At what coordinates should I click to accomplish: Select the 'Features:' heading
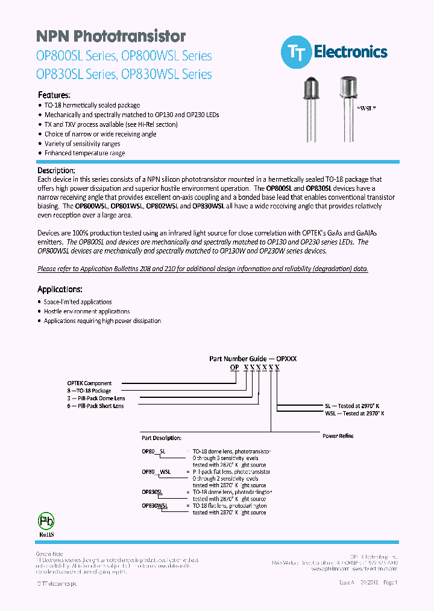(54, 95)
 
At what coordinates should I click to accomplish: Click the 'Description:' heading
(56, 170)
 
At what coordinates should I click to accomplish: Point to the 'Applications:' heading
(60, 289)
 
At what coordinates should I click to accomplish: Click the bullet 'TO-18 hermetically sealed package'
(92, 105)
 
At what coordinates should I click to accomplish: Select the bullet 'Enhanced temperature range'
(84, 153)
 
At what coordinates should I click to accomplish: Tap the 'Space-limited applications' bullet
(78, 302)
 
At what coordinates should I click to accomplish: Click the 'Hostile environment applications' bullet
(87, 312)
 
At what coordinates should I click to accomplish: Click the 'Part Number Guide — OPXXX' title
(253, 359)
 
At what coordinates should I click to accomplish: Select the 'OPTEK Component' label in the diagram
(89, 383)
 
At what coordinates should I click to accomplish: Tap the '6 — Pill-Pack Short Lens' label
(95, 406)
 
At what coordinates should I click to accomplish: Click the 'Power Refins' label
(338, 436)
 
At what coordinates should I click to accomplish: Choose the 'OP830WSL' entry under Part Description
(155, 505)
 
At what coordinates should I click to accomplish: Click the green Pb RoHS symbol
(47, 522)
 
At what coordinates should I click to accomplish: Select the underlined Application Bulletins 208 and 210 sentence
(203, 269)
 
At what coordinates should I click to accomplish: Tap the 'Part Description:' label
(161, 438)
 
